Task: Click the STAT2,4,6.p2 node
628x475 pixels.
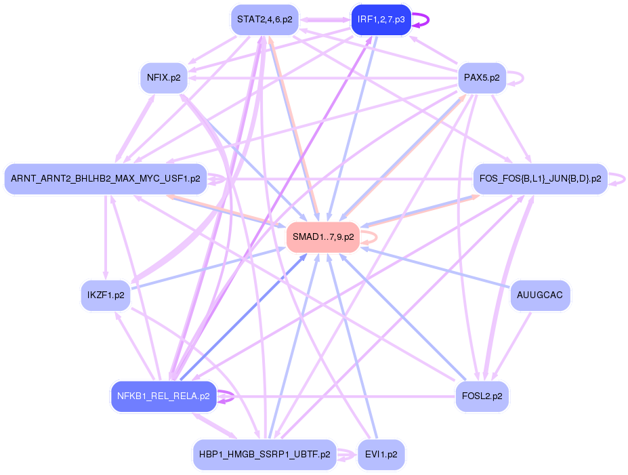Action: tap(264, 20)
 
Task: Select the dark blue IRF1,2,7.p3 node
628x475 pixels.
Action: tap(381, 20)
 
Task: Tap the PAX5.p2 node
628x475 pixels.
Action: tap(482, 78)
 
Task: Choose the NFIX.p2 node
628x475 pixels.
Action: tap(163, 78)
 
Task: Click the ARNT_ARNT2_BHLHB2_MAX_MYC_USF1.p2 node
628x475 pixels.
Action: tap(105, 179)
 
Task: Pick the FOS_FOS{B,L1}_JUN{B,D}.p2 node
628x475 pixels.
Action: tap(540, 179)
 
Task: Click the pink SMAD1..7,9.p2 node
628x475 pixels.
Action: tap(322, 237)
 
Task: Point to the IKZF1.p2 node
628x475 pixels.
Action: tap(106, 295)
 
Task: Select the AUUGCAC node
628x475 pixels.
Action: tap(539, 295)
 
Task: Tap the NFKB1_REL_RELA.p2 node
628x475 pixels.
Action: tap(163, 396)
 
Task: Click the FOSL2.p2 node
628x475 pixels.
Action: tap(482, 396)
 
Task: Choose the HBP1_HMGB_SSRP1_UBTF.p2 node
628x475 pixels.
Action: tap(264, 454)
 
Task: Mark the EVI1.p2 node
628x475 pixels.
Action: tap(381, 454)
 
